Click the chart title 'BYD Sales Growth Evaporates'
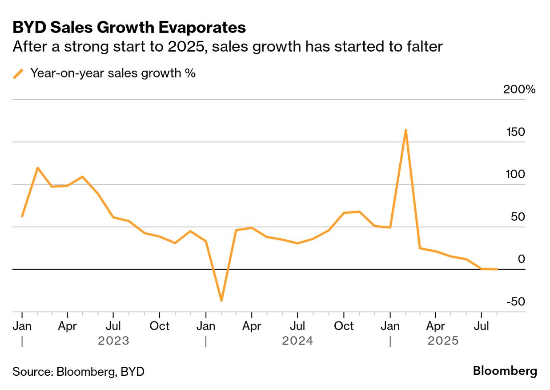click(129, 28)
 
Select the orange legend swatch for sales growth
click(18, 73)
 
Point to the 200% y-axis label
click(519, 89)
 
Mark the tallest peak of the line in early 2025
click(405, 130)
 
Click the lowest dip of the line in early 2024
click(221, 301)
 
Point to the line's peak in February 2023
click(37, 168)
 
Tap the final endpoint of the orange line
click(497, 269)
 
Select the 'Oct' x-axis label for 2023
click(159, 326)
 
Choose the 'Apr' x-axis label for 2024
click(251, 326)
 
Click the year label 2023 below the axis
click(113, 341)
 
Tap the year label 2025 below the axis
click(443, 341)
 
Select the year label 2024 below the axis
click(297, 341)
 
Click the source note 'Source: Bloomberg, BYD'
click(78, 372)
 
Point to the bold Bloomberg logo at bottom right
click(505, 371)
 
